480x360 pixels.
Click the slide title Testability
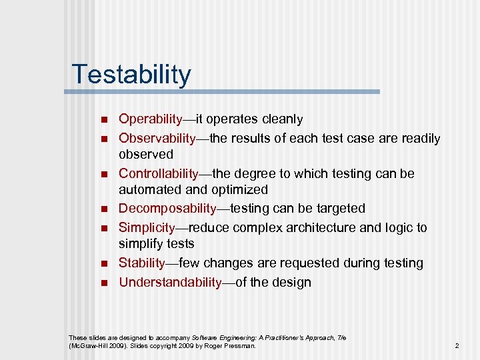pos(131,74)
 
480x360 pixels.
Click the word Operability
pos(150,119)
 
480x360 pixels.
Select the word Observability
pos(157,139)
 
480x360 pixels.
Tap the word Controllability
pos(158,174)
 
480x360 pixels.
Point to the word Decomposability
pos(167,209)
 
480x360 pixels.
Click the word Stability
pos(141,263)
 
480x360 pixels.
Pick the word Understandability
pos(169,283)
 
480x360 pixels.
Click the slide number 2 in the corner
pos(457,346)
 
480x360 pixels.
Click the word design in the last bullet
pos(291,283)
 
